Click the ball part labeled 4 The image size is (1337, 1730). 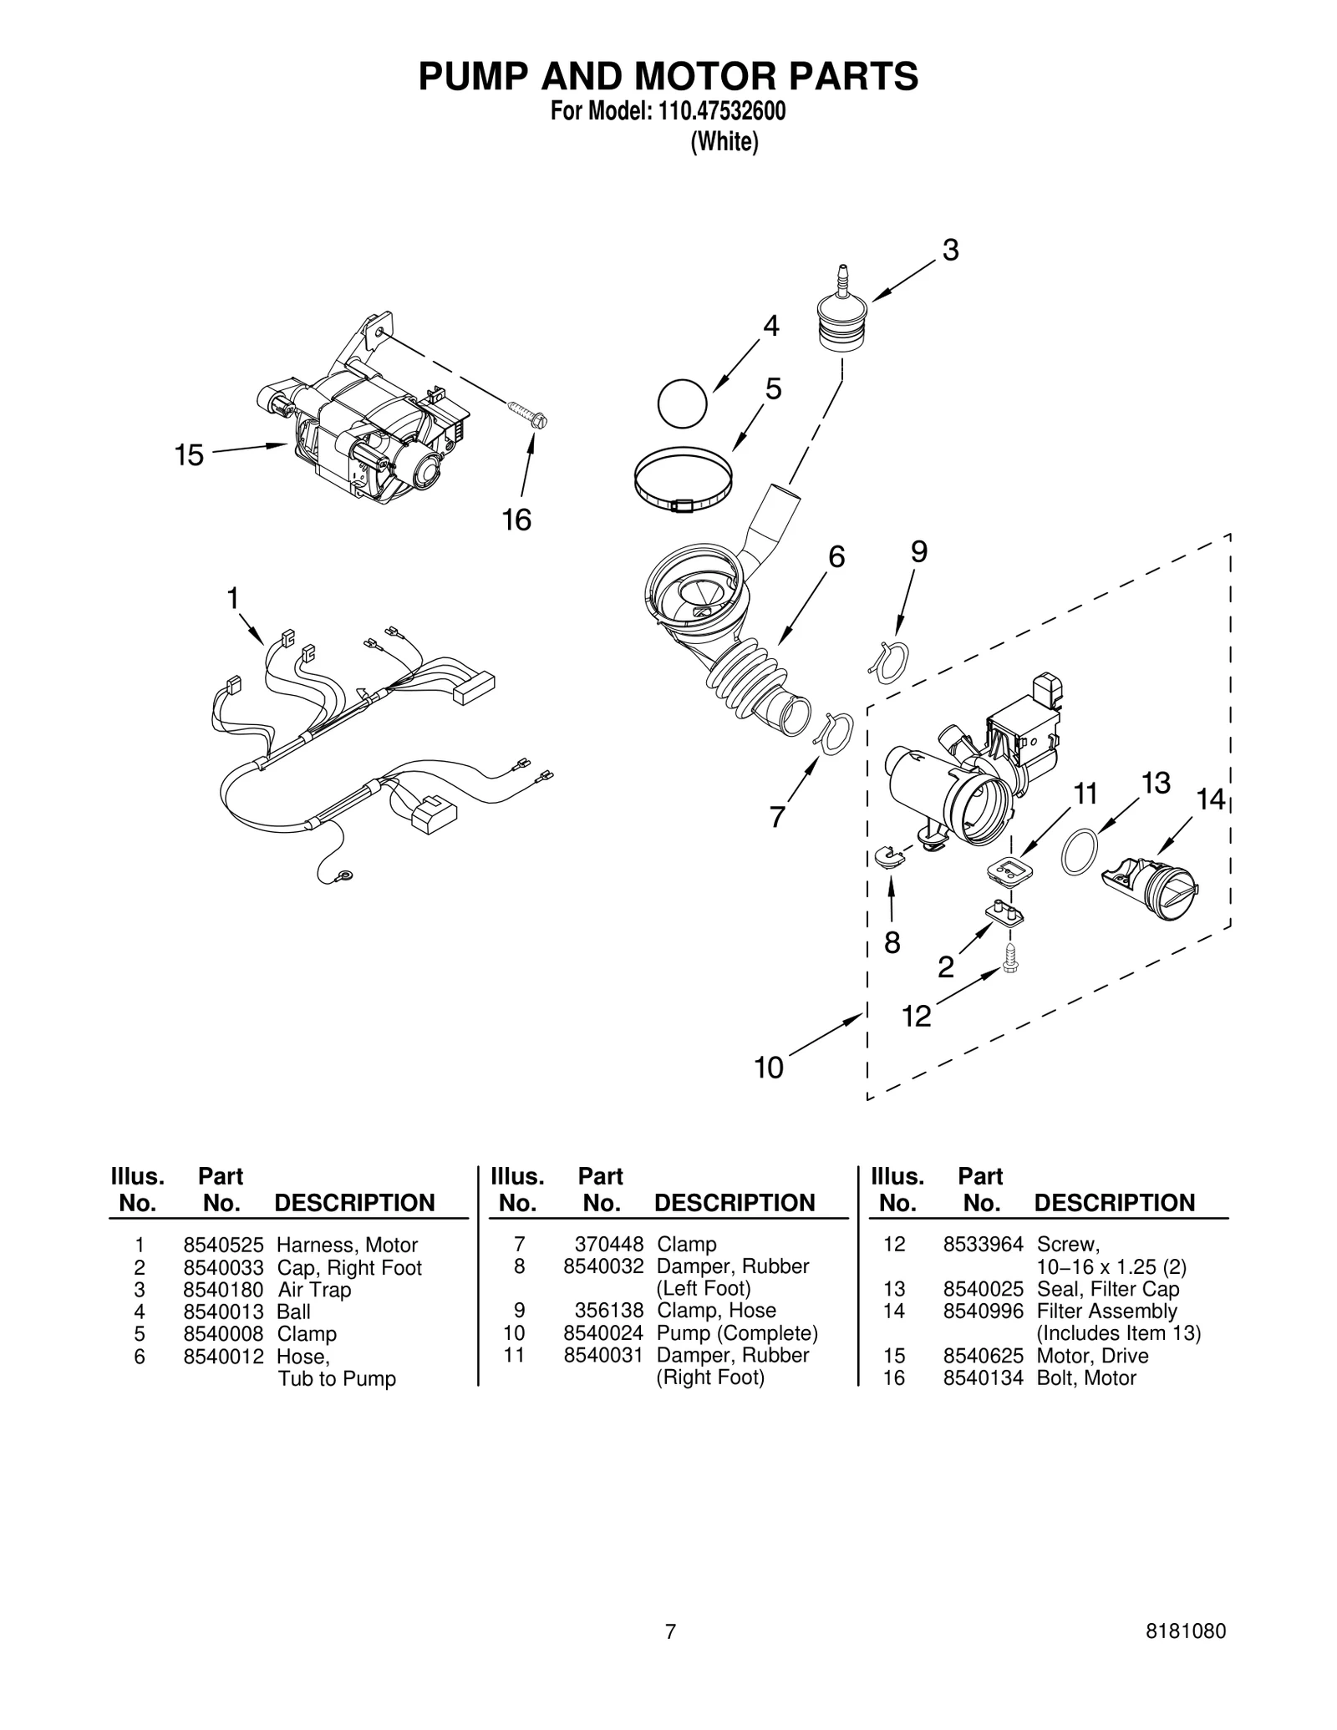coord(682,404)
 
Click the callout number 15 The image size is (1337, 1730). coord(189,456)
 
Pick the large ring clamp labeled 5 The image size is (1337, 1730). coord(684,481)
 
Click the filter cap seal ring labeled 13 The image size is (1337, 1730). coord(1078,852)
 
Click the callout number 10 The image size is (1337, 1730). coord(769,1068)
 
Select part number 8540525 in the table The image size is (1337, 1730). coord(223,1245)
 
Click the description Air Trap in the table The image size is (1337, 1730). coord(314,1290)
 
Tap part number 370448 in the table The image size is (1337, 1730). coord(608,1245)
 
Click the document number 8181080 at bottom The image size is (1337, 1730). coord(1187,1631)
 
